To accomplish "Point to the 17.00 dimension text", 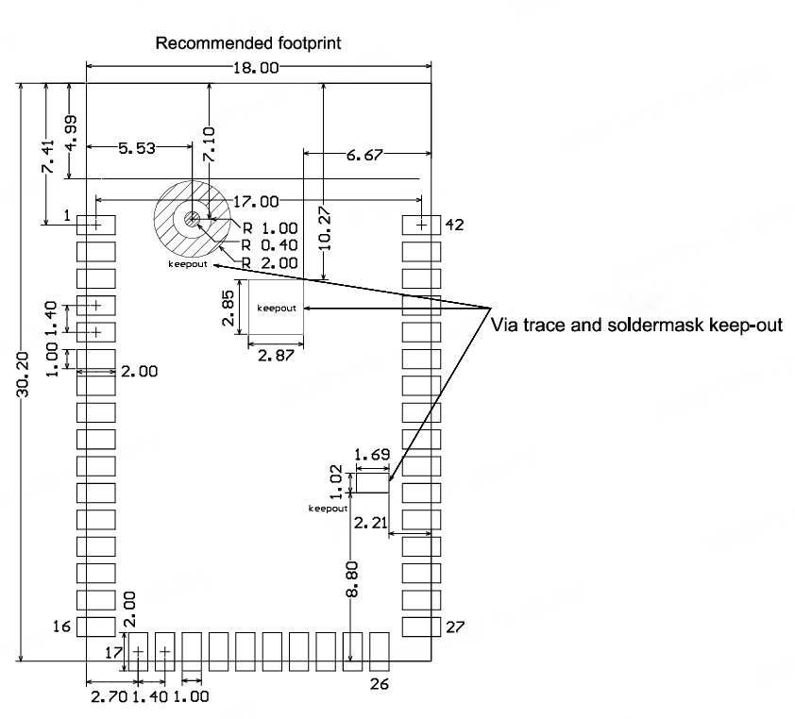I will point(257,201).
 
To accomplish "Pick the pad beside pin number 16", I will point(95,626).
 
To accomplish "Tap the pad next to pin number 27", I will point(421,626).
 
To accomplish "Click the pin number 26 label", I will point(378,684).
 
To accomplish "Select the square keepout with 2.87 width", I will point(275,307).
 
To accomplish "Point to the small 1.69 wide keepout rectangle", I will point(372,483).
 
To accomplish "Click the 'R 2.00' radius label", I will point(269,262).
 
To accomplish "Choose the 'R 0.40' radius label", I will point(269,245).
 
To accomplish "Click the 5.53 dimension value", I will point(137,148).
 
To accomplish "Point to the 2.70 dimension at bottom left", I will point(104,697).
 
